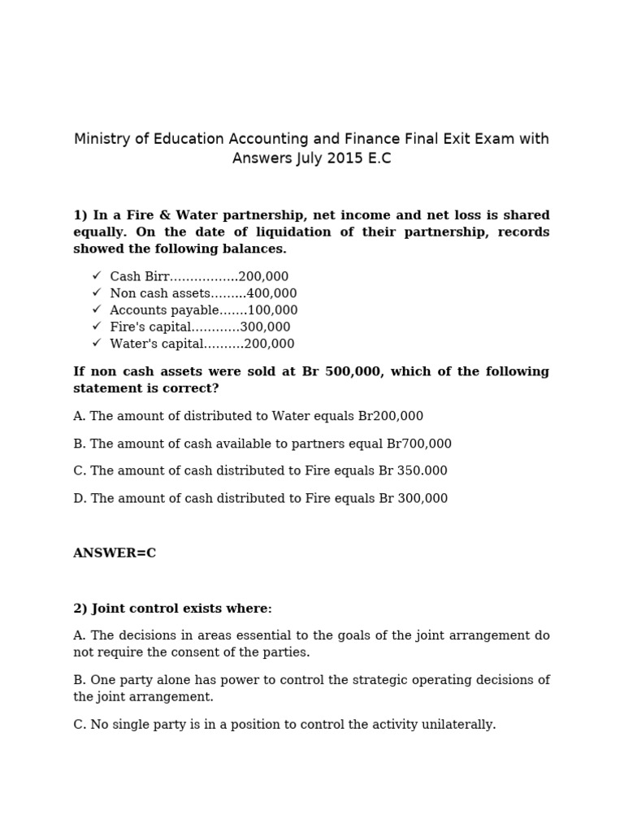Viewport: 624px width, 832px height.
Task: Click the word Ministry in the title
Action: (101, 139)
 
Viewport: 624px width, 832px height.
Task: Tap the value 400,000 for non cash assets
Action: (271, 293)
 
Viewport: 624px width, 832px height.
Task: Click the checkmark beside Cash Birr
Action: (97, 276)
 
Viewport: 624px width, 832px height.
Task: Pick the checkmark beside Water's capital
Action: (97, 344)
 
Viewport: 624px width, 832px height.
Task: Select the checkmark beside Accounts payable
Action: (97, 310)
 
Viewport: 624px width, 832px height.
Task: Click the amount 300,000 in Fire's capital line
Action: (265, 327)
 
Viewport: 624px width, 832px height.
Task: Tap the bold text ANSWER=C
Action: (115, 553)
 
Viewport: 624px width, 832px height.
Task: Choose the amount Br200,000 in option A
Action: (390, 416)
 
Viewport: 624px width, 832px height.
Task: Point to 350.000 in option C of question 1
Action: (422, 471)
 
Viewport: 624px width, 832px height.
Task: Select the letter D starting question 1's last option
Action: (79, 499)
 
